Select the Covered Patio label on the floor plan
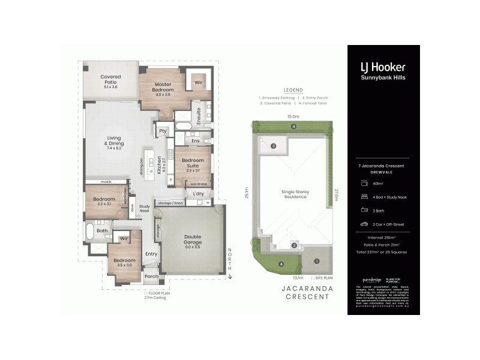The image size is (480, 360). [110, 82]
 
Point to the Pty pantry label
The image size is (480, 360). [162, 131]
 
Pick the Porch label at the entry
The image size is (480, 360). [152, 277]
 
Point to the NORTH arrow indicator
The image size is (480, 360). [229, 264]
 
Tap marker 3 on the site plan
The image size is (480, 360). [272, 146]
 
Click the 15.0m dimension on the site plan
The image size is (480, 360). [293, 117]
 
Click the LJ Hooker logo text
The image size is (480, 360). [383, 67]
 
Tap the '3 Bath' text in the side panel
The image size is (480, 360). [379, 211]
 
